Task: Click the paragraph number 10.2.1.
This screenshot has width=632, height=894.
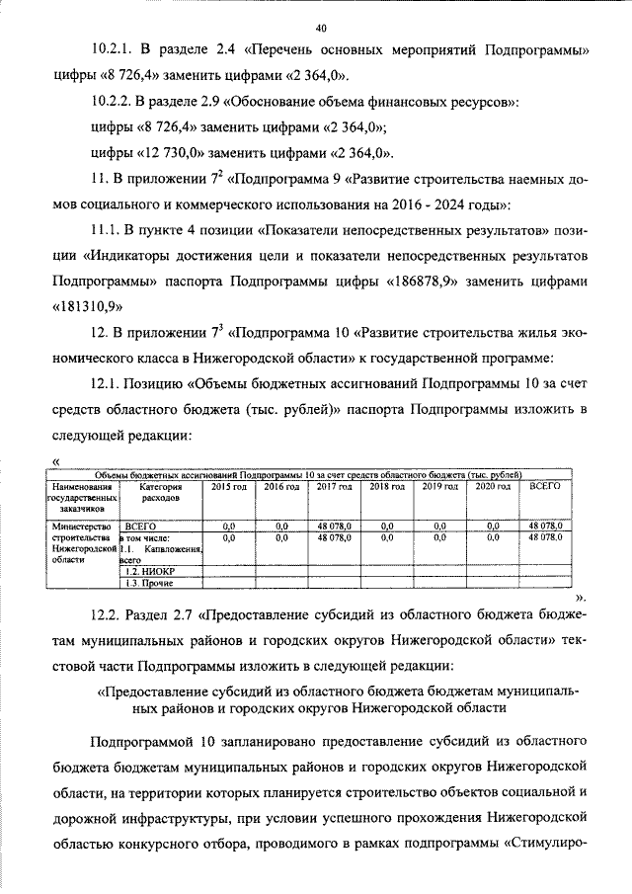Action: (x=112, y=49)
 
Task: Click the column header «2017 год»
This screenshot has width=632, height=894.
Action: (x=334, y=487)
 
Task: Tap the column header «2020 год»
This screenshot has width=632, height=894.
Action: (x=493, y=487)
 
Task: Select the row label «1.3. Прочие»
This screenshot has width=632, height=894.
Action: (x=142, y=585)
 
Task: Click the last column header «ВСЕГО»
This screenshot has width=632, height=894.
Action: (x=545, y=487)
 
